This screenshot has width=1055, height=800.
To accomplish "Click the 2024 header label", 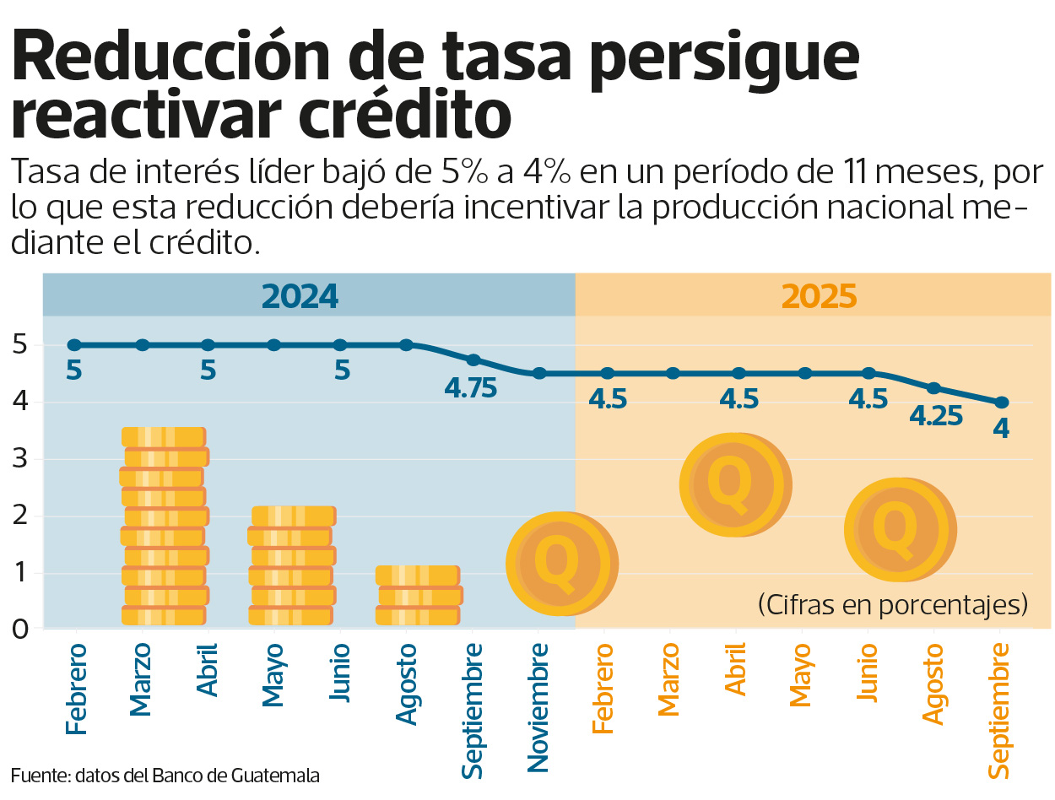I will point(300,296).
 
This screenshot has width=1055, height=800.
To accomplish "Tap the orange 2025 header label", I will point(819,296).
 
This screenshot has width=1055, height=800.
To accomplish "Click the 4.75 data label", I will point(471,388).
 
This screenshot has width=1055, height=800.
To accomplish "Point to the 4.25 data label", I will point(936,416).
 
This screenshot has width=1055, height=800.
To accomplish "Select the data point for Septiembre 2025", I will point(1001,403).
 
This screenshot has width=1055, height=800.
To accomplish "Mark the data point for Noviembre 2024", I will point(538,373).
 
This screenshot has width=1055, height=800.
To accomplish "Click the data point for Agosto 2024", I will point(406,344).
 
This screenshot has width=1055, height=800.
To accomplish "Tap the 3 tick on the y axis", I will point(21,460).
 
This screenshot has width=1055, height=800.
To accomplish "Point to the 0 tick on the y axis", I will point(21,630).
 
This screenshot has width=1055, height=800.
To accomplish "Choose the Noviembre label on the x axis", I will point(538,707).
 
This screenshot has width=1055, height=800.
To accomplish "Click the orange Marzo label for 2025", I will point(669,679).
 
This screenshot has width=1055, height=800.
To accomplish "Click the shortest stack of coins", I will point(418,595).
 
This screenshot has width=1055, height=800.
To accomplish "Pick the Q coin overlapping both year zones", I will point(561,563).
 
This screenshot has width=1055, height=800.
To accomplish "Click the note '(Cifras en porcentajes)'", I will point(893,604).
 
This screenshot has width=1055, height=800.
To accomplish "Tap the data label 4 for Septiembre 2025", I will point(1001,429).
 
